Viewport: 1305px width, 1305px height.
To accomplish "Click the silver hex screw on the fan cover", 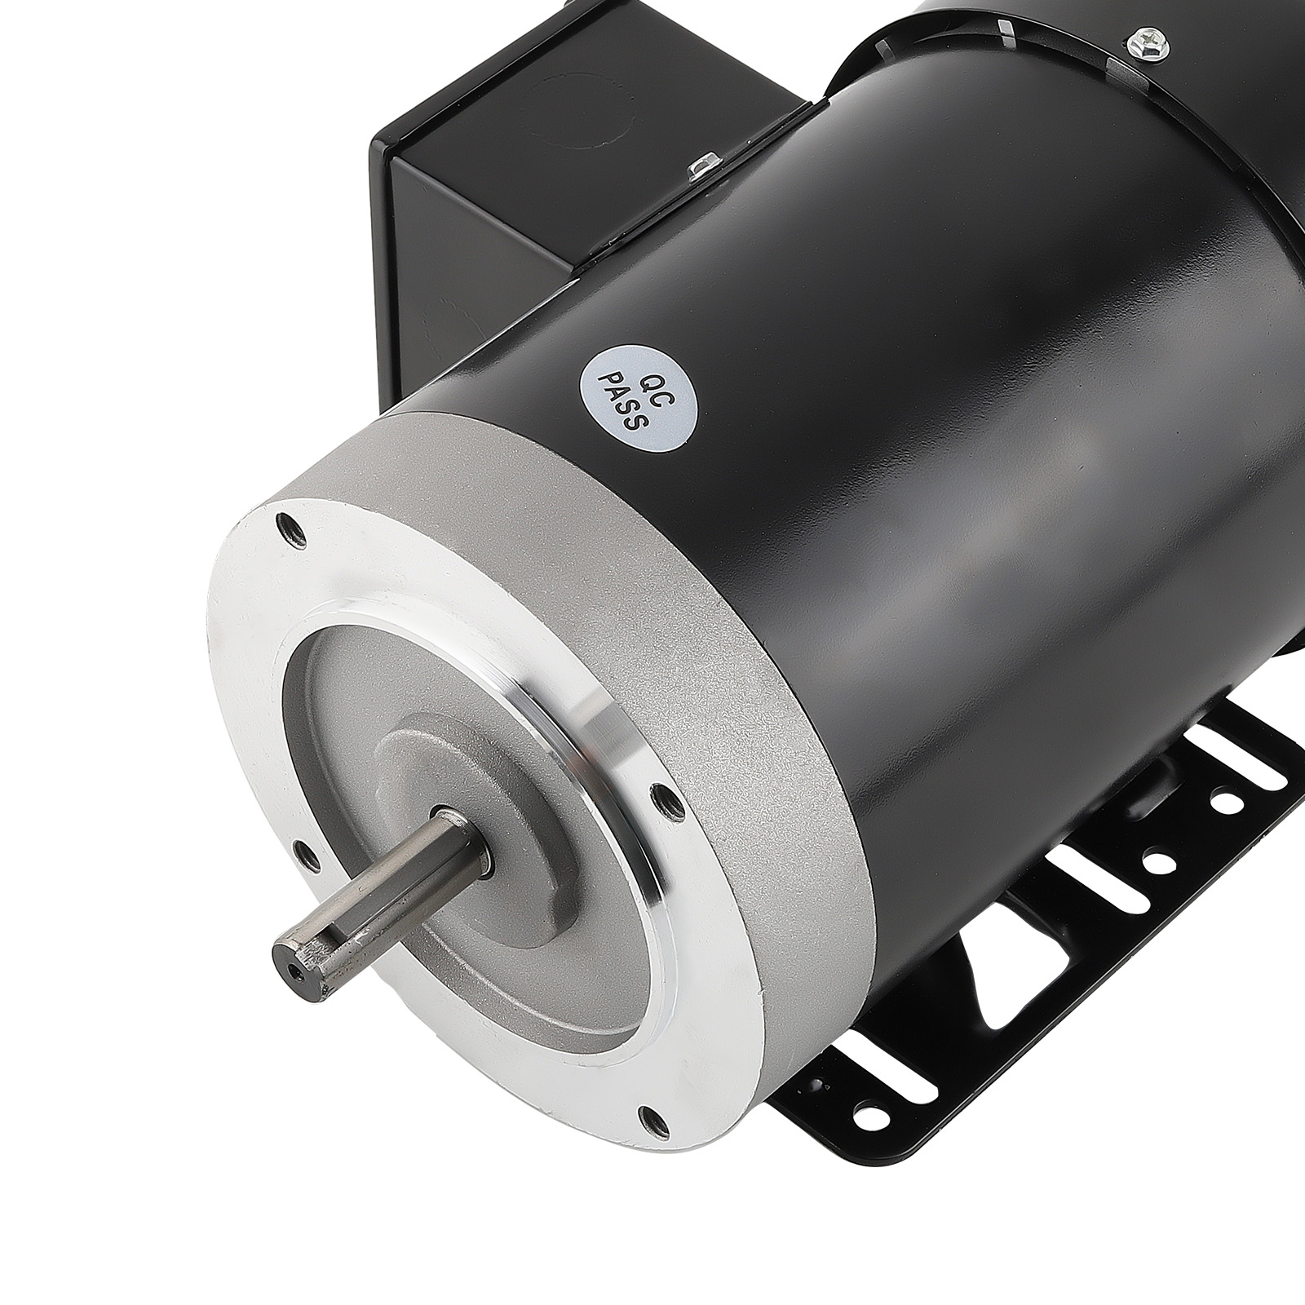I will [x=1139, y=40].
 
